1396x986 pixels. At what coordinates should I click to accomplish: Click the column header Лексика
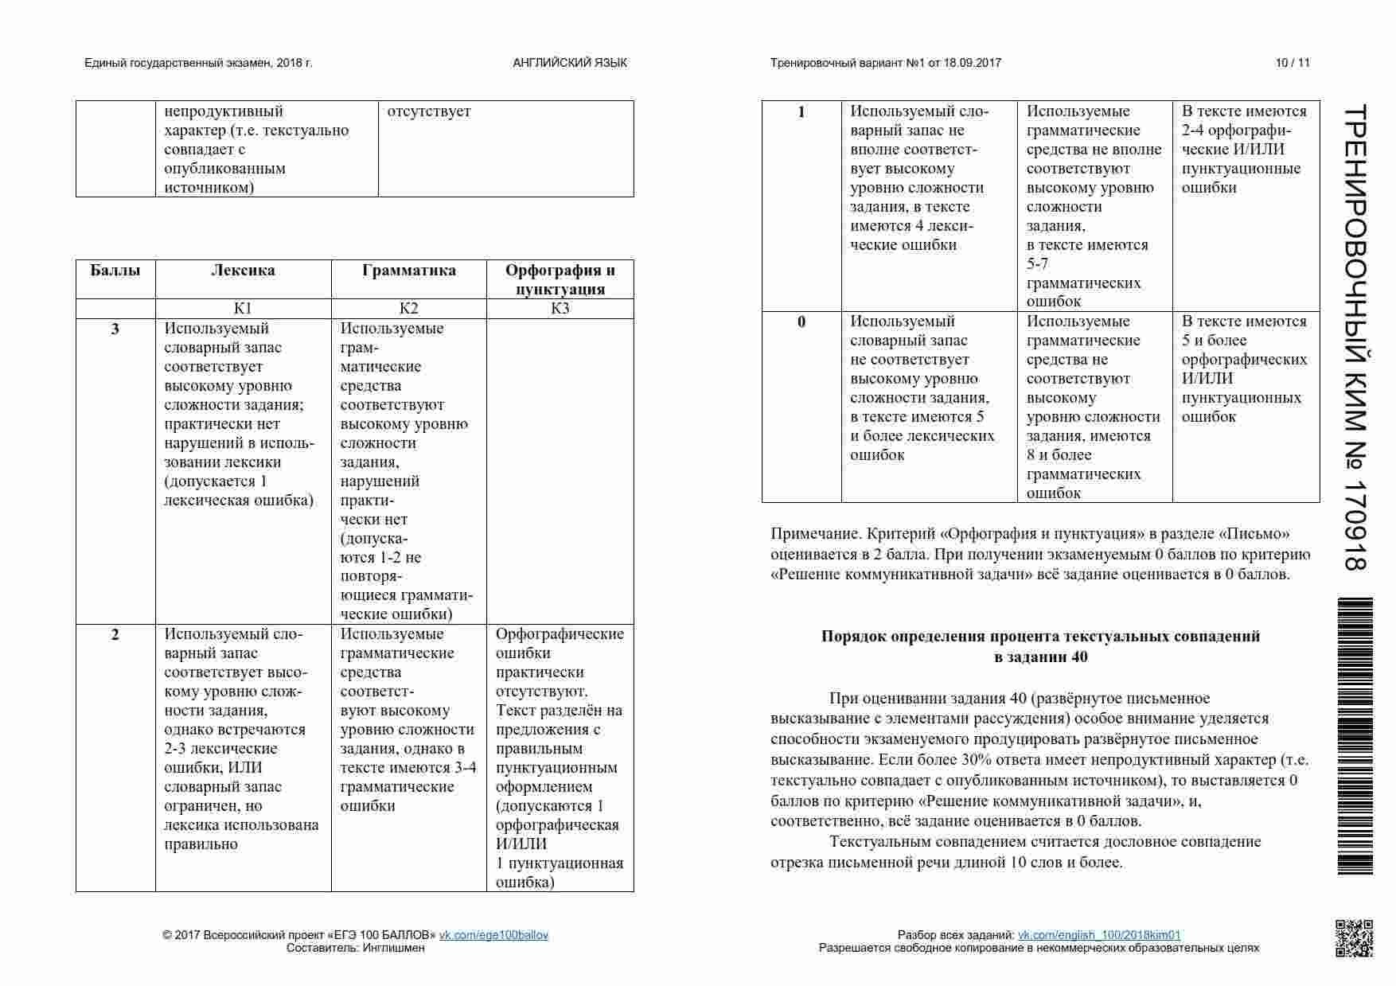(243, 271)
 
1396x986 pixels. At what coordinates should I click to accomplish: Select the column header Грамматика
(408, 271)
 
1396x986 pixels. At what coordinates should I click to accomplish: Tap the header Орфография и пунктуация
(560, 279)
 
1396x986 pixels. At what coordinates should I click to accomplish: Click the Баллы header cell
(115, 271)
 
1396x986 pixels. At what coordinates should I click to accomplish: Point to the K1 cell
(243, 309)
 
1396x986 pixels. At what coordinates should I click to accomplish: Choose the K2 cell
(408, 309)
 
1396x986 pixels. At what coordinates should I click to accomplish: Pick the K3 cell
(560, 309)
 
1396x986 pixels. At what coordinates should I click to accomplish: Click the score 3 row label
(115, 329)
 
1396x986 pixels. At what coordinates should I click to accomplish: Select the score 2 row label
(115, 634)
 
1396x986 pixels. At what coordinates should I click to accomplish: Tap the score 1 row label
(801, 112)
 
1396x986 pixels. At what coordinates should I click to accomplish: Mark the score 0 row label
(801, 322)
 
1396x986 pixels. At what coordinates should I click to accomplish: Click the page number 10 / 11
(1293, 63)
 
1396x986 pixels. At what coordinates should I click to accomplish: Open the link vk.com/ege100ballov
(493, 935)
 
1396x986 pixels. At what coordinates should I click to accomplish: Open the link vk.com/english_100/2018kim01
(1099, 935)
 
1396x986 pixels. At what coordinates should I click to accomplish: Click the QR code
(1353, 938)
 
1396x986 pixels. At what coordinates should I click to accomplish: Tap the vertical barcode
(1355, 736)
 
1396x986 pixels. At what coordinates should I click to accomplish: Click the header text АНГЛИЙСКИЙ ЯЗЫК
(570, 63)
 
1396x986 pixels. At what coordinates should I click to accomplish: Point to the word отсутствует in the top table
(429, 111)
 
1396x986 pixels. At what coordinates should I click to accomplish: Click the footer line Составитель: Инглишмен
(355, 948)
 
